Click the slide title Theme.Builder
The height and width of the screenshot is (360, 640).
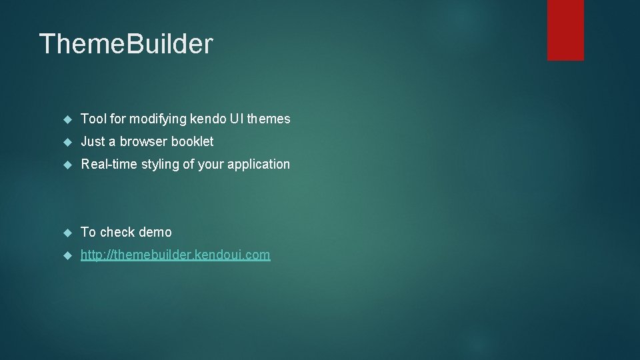click(x=126, y=44)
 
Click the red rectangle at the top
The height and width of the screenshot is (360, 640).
click(x=565, y=29)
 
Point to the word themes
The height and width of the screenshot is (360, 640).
click(x=269, y=119)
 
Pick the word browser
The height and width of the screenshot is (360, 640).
click(x=143, y=141)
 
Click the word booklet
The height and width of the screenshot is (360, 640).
click(x=193, y=141)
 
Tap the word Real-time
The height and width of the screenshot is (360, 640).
click(x=109, y=164)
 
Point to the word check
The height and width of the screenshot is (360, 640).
click(x=118, y=232)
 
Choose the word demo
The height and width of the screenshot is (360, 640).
click(x=156, y=232)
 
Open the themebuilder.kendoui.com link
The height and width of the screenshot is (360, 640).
click(x=175, y=255)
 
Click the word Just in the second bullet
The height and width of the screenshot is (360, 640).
click(x=93, y=141)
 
